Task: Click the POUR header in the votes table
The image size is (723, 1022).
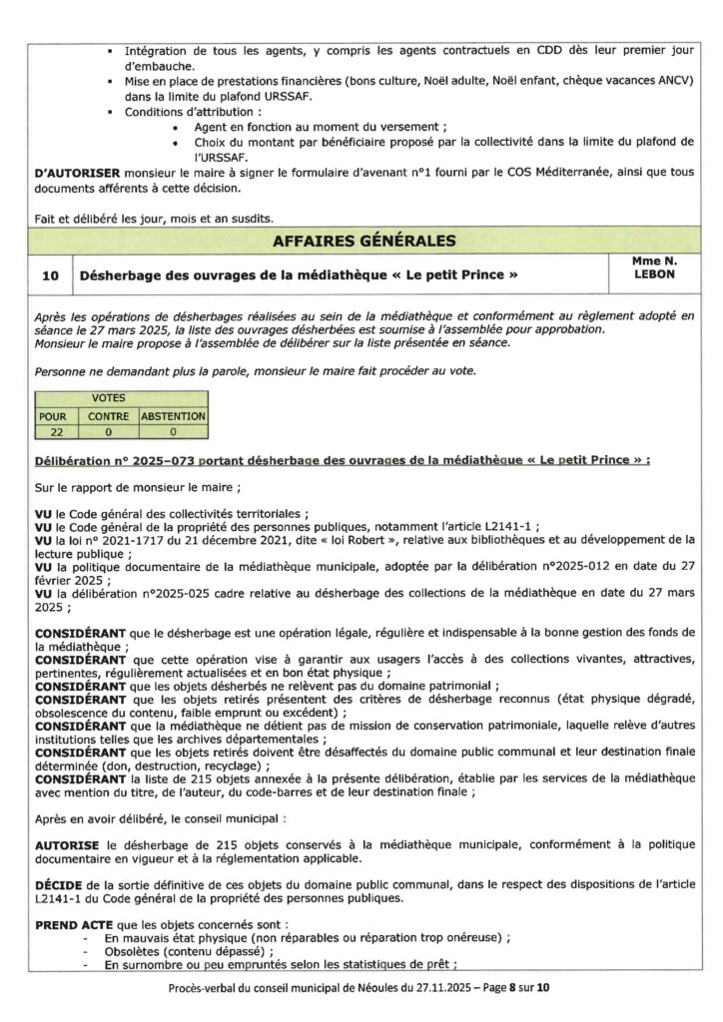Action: coord(51,415)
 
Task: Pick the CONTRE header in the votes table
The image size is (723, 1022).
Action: coord(108,415)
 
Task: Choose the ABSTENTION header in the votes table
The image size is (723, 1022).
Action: coord(174,415)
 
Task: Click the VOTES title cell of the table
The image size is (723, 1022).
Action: coord(122,398)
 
